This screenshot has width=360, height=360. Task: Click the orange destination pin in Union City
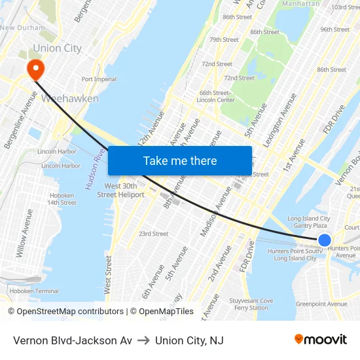pyautogui.click(x=34, y=68)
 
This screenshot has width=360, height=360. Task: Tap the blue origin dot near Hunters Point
pyautogui.click(x=324, y=240)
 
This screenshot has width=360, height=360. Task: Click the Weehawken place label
pyautogui.click(x=70, y=99)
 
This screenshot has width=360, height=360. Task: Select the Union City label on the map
pyautogui.click(x=57, y=48)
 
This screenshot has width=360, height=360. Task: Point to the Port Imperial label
pyautogui.click(x=99, y=79)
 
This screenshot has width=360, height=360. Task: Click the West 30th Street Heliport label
pyautogui.click(x=120, y=190)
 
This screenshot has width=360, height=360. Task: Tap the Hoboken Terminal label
pyautogui.click(x=29, y=291)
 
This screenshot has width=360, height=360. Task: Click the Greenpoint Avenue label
pyautogui.click(x=321, y=304)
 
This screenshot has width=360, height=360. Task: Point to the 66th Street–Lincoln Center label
pyautogui.click(x=216, y=96)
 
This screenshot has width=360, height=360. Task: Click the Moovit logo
pyautogui.click(x=321, y=340)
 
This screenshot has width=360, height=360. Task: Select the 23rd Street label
pyautogui.click(x=153, y=234)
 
